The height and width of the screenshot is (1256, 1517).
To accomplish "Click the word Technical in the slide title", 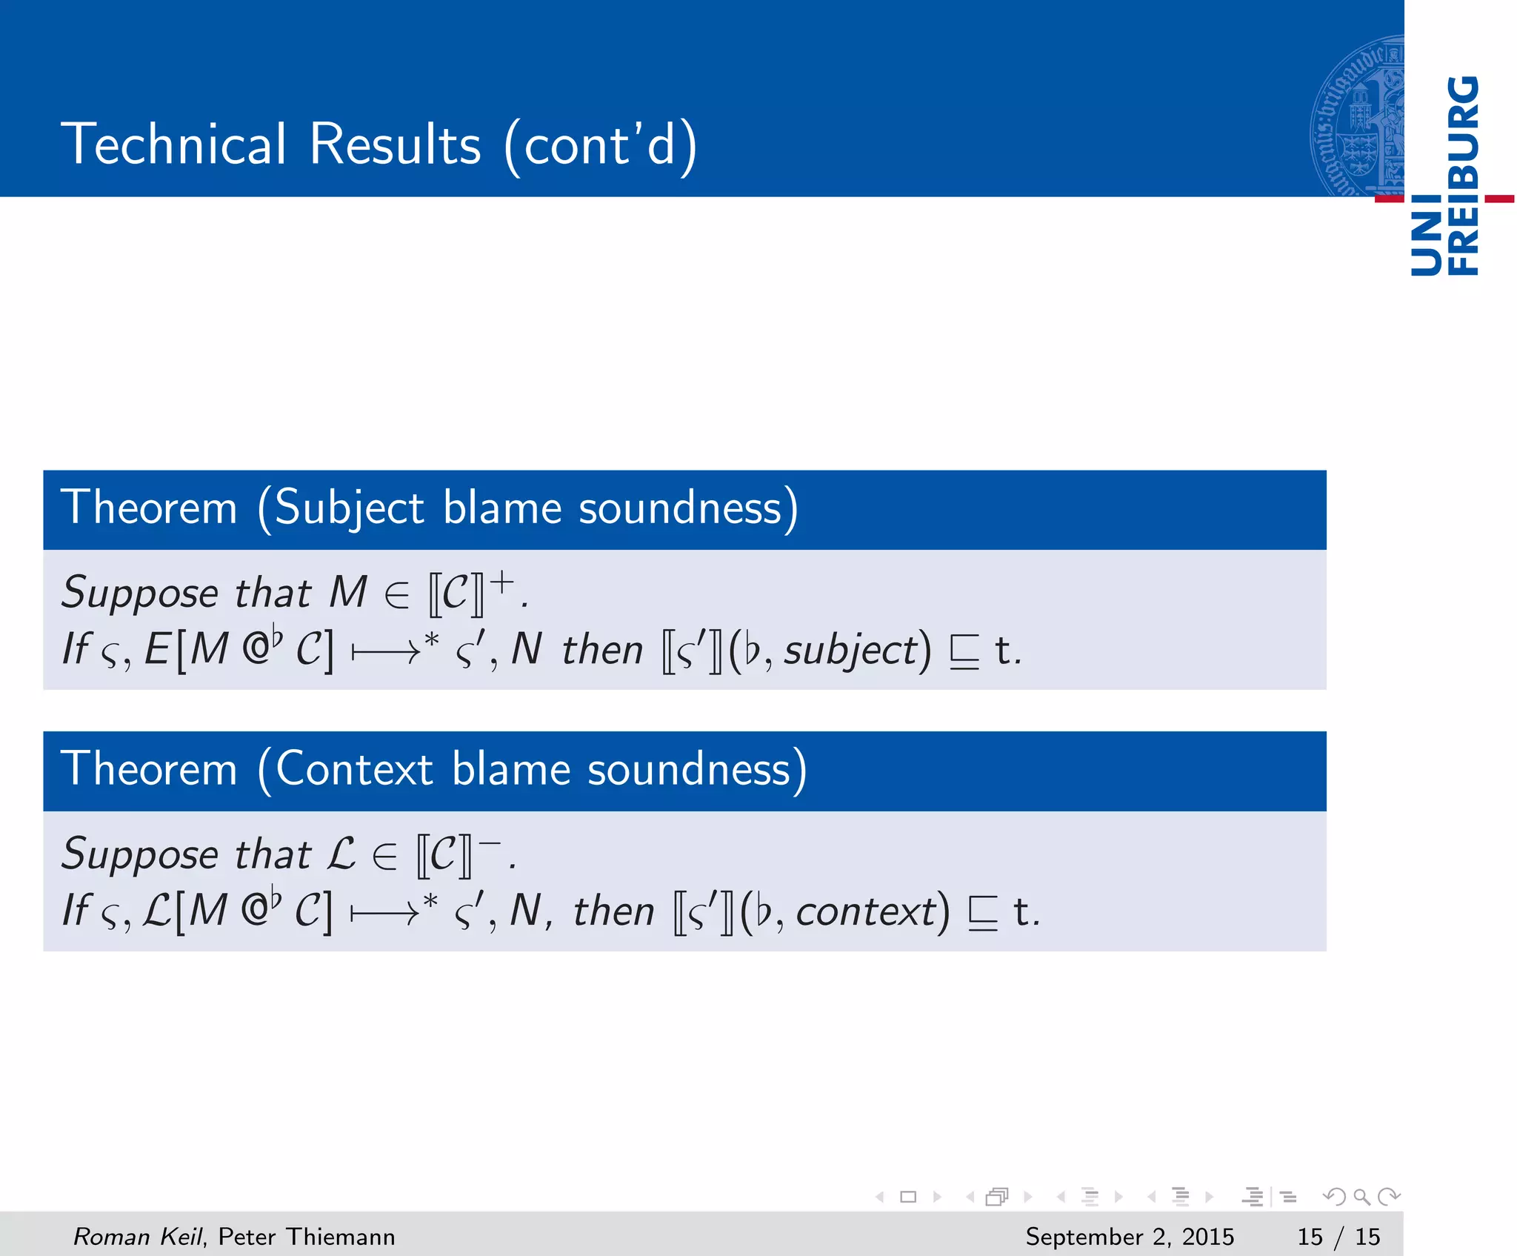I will pos(173,144).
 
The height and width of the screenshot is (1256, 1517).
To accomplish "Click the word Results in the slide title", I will pos(395,144).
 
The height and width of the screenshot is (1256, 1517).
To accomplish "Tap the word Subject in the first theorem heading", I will pos(350,508).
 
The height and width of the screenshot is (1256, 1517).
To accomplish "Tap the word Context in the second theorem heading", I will pos(355,770).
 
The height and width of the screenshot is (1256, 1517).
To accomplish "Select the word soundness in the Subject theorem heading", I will pos(680,508).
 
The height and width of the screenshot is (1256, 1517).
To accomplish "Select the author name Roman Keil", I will pos(138,1236).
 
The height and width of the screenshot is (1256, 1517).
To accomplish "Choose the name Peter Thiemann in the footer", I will pos(307,1236).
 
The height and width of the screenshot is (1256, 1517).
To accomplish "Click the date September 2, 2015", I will pos(1130,1236).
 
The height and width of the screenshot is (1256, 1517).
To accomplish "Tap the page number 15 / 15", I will pos(1338,1236).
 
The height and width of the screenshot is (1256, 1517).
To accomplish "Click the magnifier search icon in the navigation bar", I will pos(1361,1196).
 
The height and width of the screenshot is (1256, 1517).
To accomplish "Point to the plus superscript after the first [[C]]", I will pos(502,582).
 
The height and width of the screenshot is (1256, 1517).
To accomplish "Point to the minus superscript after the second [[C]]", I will pos(490,844).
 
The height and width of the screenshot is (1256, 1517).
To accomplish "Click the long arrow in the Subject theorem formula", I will pos(385,652).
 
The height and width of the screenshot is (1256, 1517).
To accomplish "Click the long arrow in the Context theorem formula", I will pos(384,913).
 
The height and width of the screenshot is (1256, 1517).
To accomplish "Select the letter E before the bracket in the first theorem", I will pos(158,650).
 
